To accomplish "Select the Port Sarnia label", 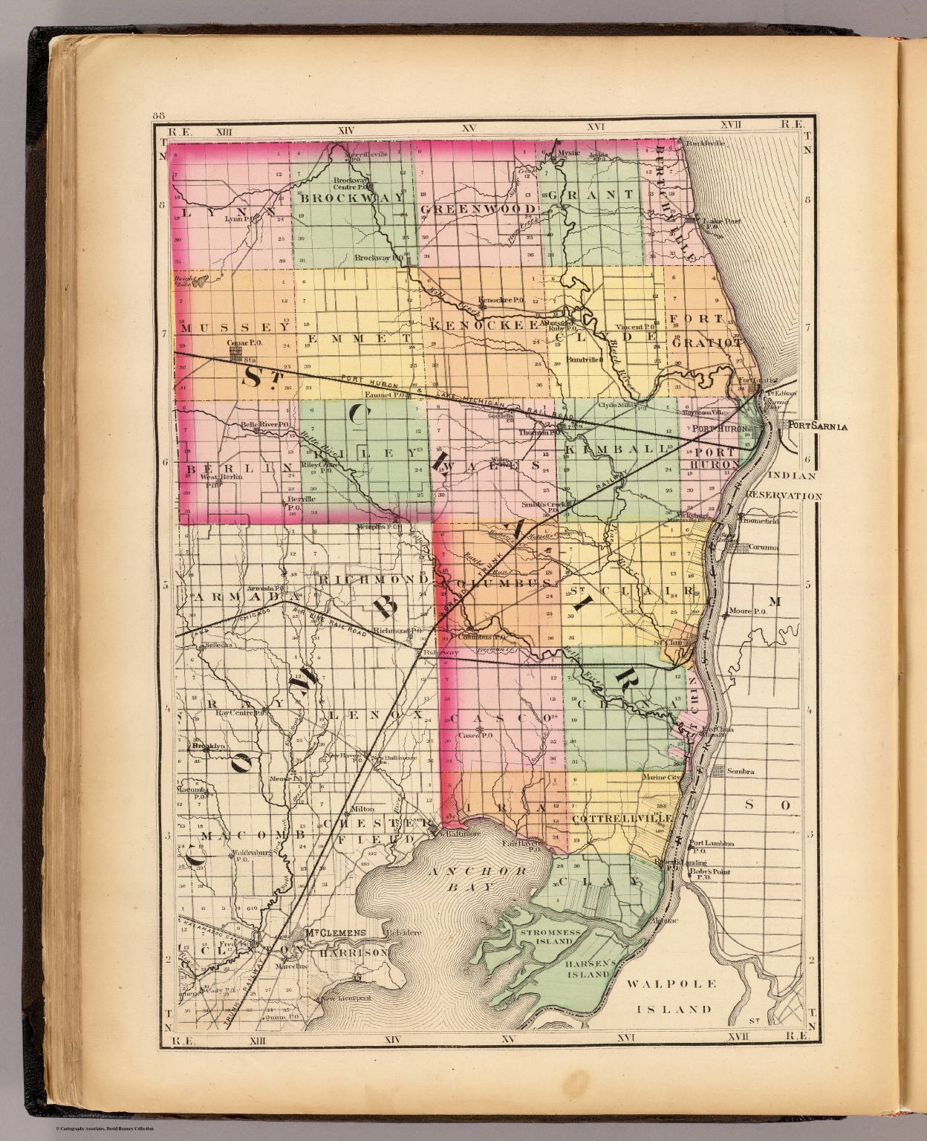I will click(x=816, y=426).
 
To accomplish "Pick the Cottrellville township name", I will click(x=622, y=817).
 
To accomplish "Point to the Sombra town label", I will click(x=739, y=772).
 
